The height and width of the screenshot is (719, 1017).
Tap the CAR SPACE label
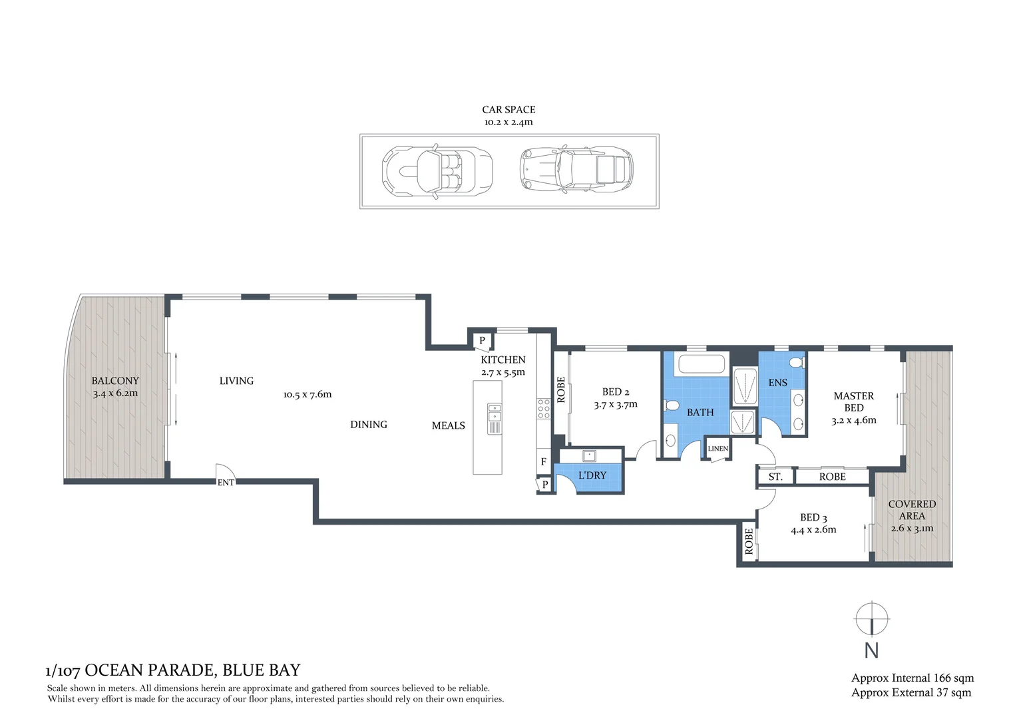[508, 110]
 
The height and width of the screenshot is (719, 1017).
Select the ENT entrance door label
[226, 483]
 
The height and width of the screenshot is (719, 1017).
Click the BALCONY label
[115, 381]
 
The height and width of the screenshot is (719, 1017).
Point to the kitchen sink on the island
[494, 419]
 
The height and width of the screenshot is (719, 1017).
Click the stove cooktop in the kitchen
[544, 409]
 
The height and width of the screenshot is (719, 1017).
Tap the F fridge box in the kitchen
[544, 461]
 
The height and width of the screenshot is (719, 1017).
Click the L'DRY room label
[592, 475]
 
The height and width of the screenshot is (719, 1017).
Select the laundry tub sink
[589, 456]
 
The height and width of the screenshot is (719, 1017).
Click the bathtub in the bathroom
[700, 365]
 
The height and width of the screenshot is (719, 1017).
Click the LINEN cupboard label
[717, 449]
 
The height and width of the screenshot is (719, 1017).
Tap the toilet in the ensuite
[795, 363]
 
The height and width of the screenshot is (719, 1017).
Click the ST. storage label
[775, 477]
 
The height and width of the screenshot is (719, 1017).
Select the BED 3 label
[813, 517]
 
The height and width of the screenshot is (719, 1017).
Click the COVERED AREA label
[912, 510]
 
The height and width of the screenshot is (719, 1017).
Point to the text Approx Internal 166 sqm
[912, 678]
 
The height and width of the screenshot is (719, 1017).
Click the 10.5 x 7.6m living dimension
[307, 394]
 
